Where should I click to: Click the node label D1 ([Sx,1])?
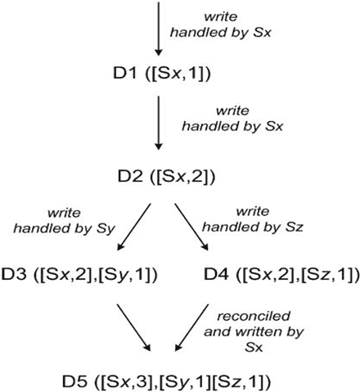(x=162, y=74)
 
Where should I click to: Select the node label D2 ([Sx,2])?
(x=166, y=176)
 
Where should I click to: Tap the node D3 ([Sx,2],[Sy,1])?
(x=79, y=274)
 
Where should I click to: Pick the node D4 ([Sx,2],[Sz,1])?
(x=281, y=274)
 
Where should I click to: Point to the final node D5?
(x=166, y=381)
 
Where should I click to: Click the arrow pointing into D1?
(x=159, y=28)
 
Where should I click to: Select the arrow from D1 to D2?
(x=159, y=123)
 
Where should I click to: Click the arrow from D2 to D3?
(x=134, y=227)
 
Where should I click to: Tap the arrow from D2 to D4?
(x=191, y=227)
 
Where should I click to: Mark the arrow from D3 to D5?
(x=134, y=327)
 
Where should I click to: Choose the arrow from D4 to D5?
(x=191, y=327)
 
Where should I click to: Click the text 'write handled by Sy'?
(x=65, y=221)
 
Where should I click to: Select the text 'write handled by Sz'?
(x=253, y=219)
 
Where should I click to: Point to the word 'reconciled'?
(x=254, y=316)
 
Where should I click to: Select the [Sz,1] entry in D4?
(x=326, y=274)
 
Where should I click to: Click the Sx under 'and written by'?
(x=254, y=348)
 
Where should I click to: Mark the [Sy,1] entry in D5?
(x=185, y=381)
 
